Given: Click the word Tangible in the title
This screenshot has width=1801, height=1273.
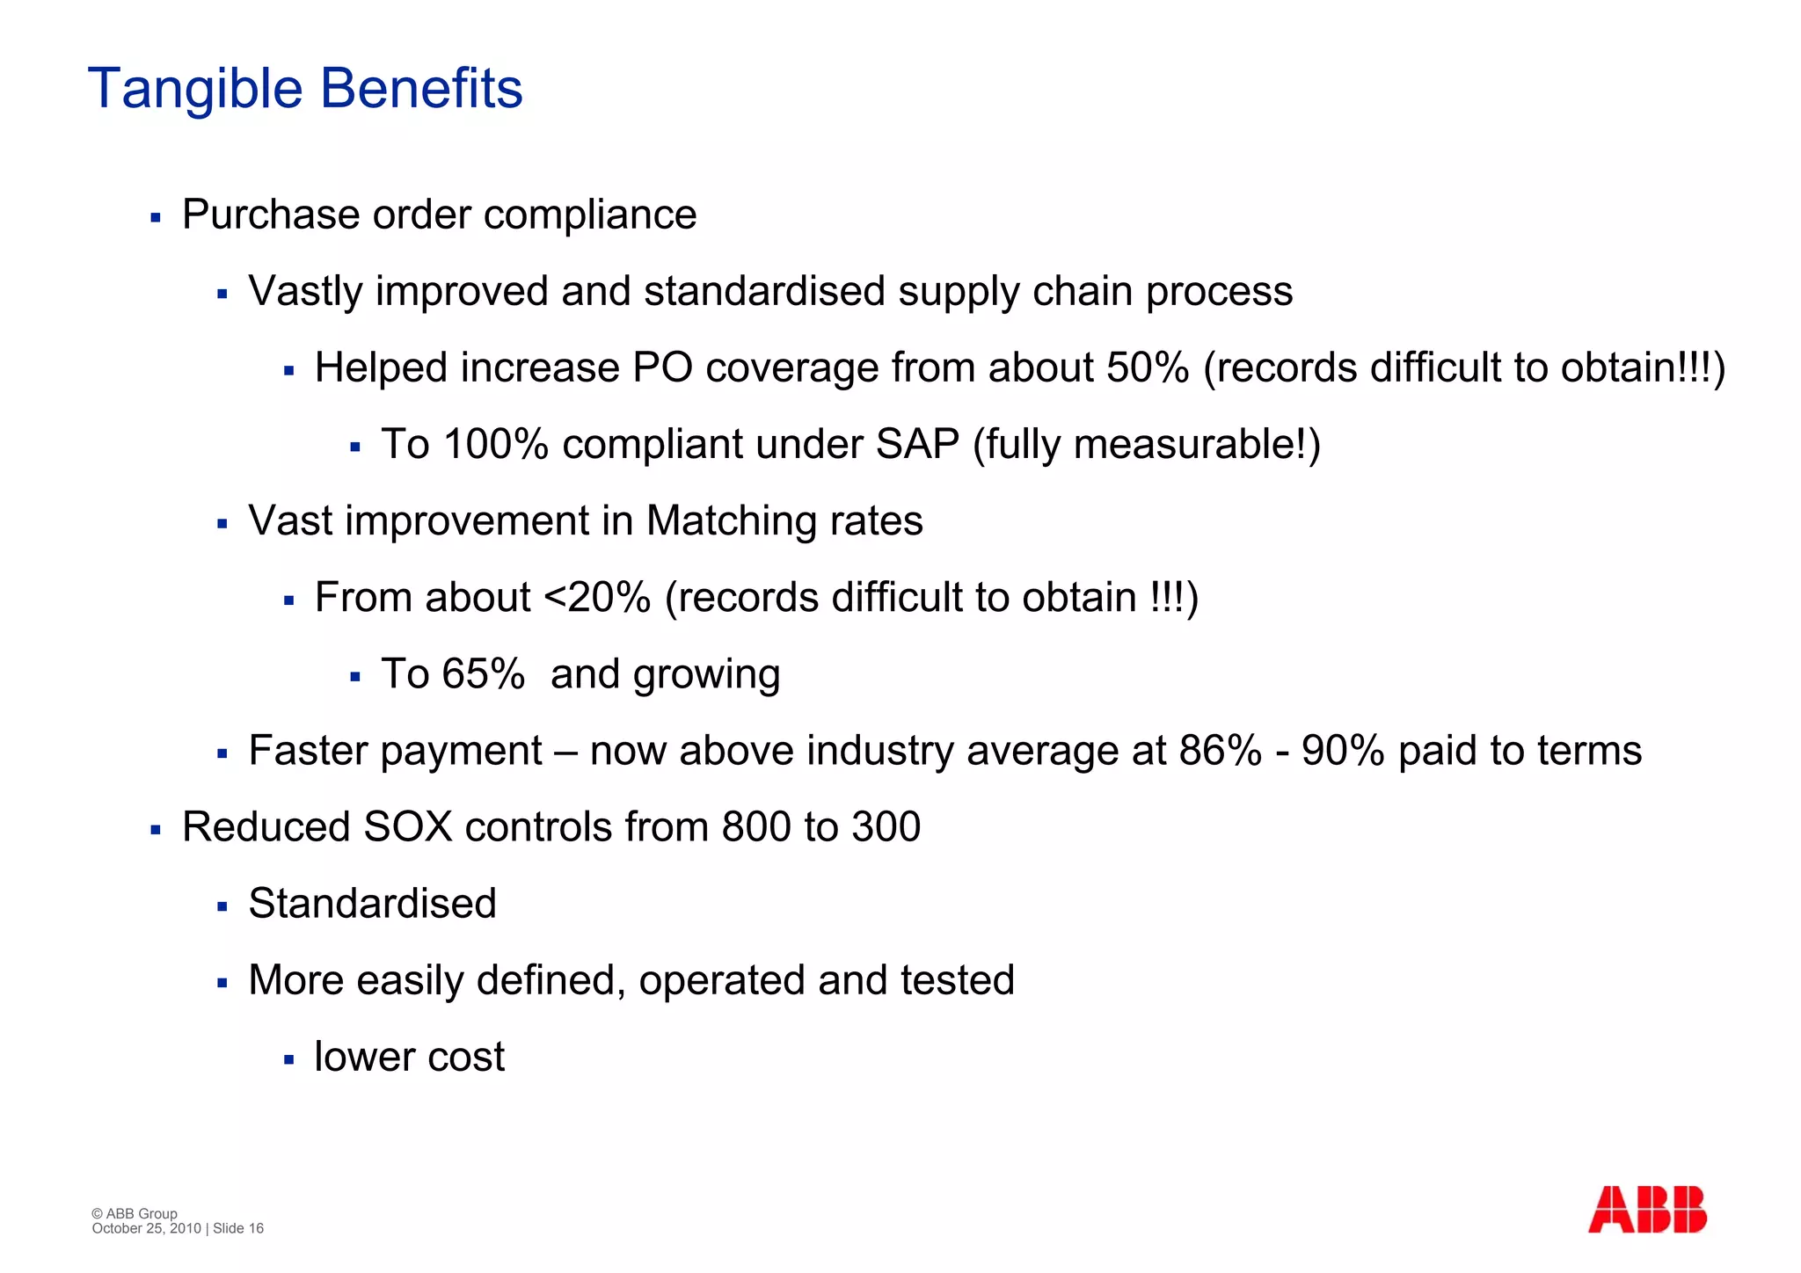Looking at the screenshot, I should (x=194, y=90).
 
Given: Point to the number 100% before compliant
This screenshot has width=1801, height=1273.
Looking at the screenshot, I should (x=496, y=444).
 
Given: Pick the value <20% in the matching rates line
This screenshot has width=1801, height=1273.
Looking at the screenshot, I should (x=597, y=598).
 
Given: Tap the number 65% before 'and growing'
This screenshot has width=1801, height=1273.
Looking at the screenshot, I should (x=483, y=674).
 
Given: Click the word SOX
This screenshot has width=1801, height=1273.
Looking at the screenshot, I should (x=407, y=827).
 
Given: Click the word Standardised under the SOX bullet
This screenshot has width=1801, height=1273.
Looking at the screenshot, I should (x=372, y=904).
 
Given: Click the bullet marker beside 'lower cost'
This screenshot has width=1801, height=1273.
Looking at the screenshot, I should (x=288, y=1059).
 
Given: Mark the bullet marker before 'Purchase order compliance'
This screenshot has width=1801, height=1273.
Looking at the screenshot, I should (x=156, y=217).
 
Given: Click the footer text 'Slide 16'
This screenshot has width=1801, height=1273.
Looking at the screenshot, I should (x=238, y=1228).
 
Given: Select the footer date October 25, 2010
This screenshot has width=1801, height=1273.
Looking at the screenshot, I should (x=146, y=1228).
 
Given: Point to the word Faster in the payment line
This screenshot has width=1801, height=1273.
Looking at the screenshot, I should (x=308, y=751).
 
